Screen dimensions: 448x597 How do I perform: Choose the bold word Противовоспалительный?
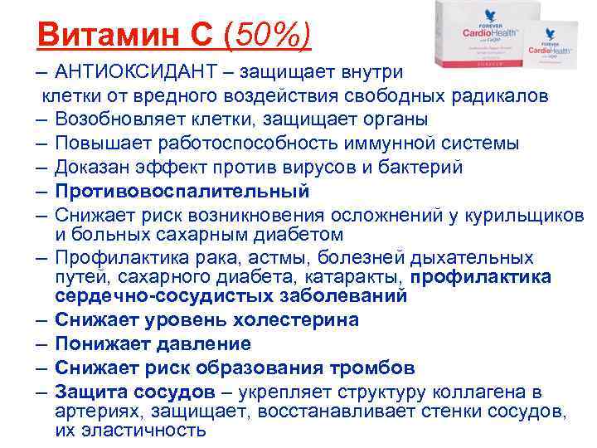pyautogui.click(x=182, y=192)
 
